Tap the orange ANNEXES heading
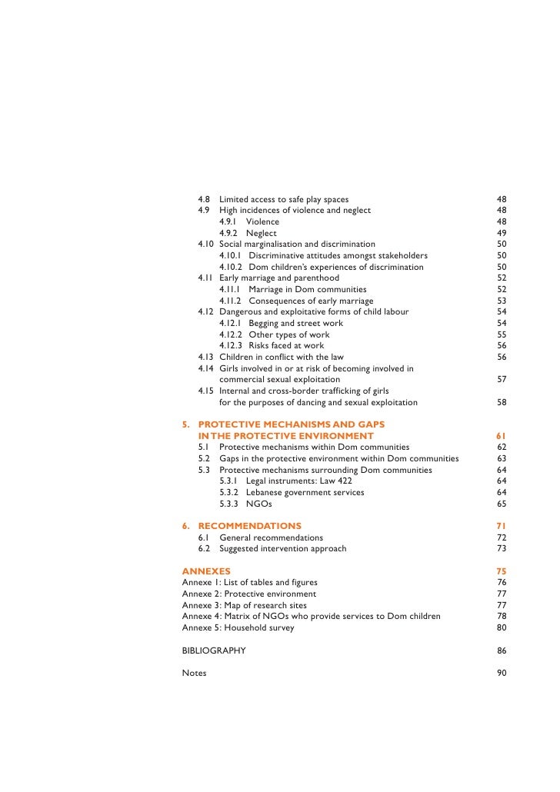pyautogui.click(x=206, y=571)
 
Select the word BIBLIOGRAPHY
pyautogui.click(x=214, y=651)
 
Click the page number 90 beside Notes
pyautogui.click(x=502, y=673)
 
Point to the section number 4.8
pyautogui.click(x=204, y=198)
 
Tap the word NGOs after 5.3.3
pyautogui.click(x=259, y=504)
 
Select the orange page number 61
pyautogui.click(x=502, y=436)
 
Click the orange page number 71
pyautogui.click(x=502, y=526)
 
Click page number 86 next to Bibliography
pyautogui.click(x=502, y=651)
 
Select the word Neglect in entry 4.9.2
pyautogui.click(x=262, y=233)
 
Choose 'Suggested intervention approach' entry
pyautogui.click(x=282, y=548)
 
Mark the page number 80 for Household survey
pyautogui.click(x=502, y=627)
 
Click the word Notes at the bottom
pyautogui.click(x=194, y=673)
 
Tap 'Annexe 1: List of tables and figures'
pyautogui.click(x=249, y=583)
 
